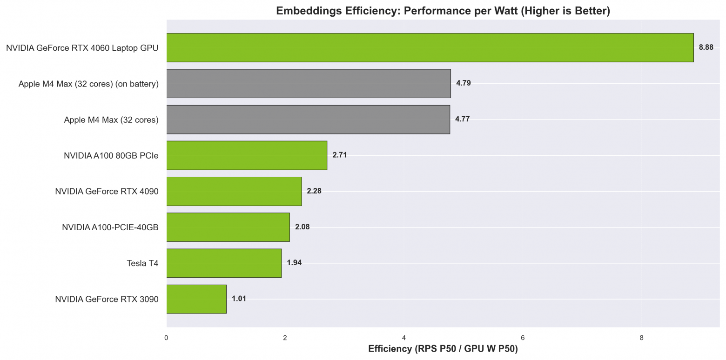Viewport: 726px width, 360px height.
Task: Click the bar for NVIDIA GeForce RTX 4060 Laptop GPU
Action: [x=430, y=47]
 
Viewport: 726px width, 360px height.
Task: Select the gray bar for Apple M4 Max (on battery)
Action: [x=308, y=83]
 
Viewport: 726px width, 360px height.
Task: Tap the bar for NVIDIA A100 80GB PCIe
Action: [x=247, y=155]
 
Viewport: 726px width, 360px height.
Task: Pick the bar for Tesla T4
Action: [x=224, y=263]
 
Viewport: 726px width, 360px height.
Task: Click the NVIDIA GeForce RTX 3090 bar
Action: [x=196, y=299]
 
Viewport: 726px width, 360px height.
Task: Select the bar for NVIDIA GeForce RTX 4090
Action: [x=234, y=191]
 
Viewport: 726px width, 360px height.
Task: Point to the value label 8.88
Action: [x=706, y=47]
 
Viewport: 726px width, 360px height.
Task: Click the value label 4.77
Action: [x=462, y=119]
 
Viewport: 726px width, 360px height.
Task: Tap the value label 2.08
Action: [x=302, y=227]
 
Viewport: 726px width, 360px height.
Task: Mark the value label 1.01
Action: [x=239, y=299]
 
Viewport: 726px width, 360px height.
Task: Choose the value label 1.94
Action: [x=294, y=263]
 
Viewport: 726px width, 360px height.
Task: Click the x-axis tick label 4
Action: [x=404, y=338]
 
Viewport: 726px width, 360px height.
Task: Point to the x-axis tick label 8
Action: [x=641, y=338]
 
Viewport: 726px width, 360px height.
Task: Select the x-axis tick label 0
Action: [x=166, y=338]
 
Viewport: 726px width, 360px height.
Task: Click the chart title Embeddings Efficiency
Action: [x=443, y=11]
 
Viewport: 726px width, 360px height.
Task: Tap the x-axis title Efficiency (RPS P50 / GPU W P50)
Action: [x=443, y=349]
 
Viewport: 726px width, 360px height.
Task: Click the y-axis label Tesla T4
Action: [x=142, y=263]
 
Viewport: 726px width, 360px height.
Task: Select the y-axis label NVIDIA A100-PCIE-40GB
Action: [x=110, y=227]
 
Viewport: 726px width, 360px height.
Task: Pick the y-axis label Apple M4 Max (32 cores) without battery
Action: [x=111, y=120]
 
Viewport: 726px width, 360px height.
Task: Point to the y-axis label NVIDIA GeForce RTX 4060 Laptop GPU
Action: [x=82, y=48]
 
